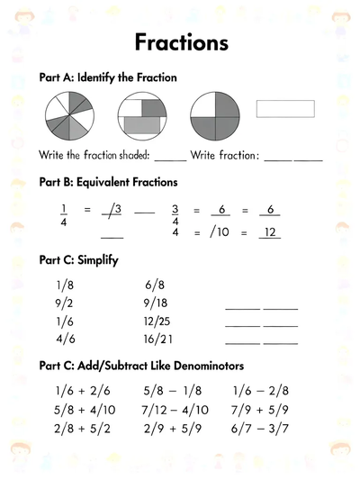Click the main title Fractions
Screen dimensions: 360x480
pos(180,42)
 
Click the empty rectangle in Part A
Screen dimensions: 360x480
pos(285,108)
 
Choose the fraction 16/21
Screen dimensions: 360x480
pos(157,340)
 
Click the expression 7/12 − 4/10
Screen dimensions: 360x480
pos(175,410)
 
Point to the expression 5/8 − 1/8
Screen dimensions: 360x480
pos(173,391)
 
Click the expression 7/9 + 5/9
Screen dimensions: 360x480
pos(262,410)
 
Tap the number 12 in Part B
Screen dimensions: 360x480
pos(269,233)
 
